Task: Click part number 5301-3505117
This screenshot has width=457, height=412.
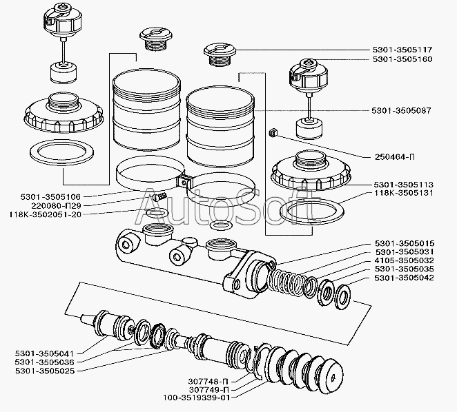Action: (402, 50)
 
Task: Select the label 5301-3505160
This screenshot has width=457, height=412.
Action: (402, 59)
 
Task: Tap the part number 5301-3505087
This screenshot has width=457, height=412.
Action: (401, 110)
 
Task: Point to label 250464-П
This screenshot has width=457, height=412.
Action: (395, 157)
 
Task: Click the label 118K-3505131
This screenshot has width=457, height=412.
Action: (403, 193)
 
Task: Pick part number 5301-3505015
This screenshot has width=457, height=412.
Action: (405, 243)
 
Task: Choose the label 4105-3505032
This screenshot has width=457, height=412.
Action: (405, 260)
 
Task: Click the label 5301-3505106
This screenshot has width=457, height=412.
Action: (50, 197)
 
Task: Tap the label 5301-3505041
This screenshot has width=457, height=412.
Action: (45, 354)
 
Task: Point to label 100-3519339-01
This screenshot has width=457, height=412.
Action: (197, 398)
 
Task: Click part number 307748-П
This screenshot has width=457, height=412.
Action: (208, 381)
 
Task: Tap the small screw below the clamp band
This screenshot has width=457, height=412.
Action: (159, 196)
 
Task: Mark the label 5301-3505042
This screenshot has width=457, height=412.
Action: (405, 278)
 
